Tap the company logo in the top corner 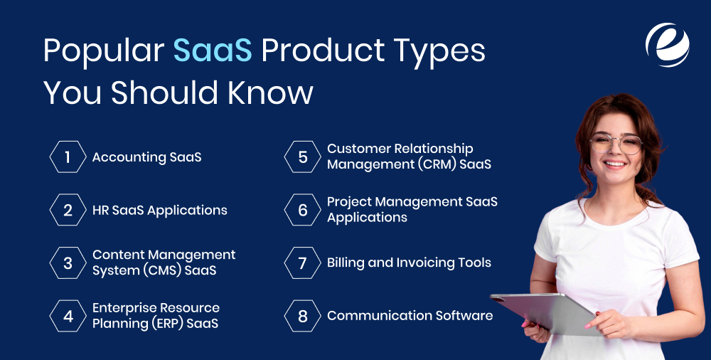click(x=667, y=44)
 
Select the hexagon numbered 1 click(x=68, y=157)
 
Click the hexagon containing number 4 click(x=68, y=316)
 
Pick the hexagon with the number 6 click(x=302, y=210)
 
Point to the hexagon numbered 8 click(x=302, y=316)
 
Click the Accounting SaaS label click(x=146, y=157)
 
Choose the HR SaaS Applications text click(x=159, y=210)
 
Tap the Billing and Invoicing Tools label click(x=409, y=263)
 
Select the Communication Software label click(x=410, y=315)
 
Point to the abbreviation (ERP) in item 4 click(x=168, y=324)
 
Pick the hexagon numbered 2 click(x=68, y=210)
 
